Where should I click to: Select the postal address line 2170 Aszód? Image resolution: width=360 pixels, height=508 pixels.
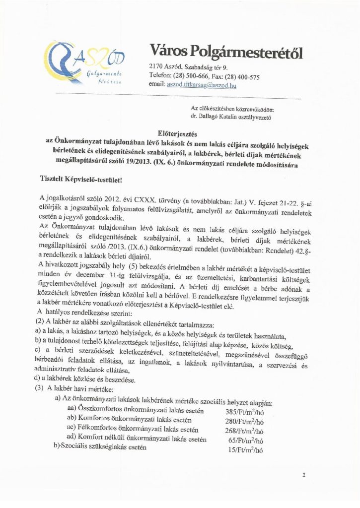188,66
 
